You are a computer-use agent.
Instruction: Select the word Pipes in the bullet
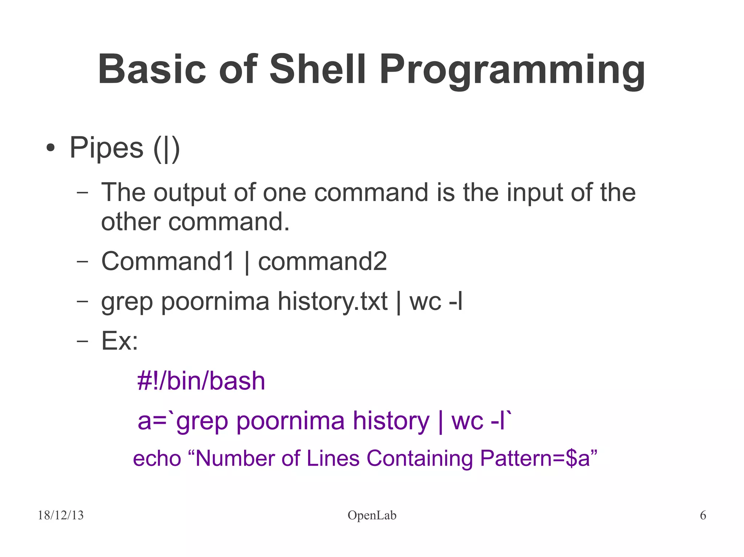pyautogui.click(x=106, y=148)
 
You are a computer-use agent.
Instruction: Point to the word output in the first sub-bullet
pyautogui.click(x=192, y=193)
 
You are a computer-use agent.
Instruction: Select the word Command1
pyautogui.click(x=167, y=261)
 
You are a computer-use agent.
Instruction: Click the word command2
pyautogui.click(x=322, y=261)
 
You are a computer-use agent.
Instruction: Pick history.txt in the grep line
pyautogui.click(x=332, y=302)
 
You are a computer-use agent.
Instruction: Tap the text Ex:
pyautogui.click(x=120, y=341)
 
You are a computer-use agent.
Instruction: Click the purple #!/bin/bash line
pyautogui.click(x=201, y=381)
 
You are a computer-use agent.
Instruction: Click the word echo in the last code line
pyautogui.click(x=157, y=458)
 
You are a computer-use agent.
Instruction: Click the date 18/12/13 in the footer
pyautogui.click(x=61, y=515)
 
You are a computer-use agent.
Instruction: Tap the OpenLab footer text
pyautogui.click(x=372, y=515)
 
